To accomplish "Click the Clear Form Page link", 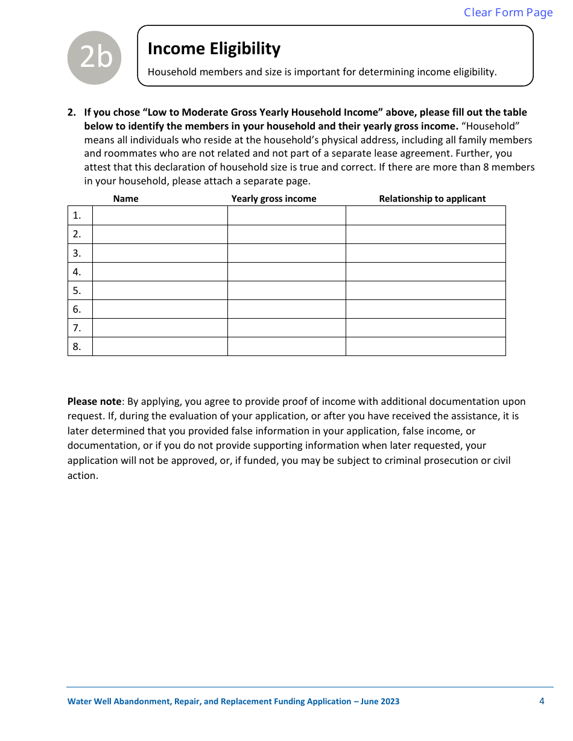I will click(508, 13).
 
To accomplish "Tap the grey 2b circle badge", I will click(95, 58).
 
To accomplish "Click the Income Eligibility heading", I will click(214, 49).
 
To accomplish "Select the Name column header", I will click(125, 199).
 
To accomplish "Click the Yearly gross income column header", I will click(274, 199).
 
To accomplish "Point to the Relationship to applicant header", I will click(432, 199).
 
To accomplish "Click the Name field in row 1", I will click(160, 216).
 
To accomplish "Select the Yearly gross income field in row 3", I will click(286, 253).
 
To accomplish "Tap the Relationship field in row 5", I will click(425, 290).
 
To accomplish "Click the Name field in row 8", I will click(160, 346).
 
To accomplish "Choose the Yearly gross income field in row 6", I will click(286, 309).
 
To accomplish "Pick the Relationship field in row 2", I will click(425, 234).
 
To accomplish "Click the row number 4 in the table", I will click(77, 272).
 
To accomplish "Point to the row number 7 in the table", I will click(77, 328).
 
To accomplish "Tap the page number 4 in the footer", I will click(542, 701).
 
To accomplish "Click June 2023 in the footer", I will click(380, 701).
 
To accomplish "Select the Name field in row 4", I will click(160, 272).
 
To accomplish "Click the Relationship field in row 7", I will click(425, 328).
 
